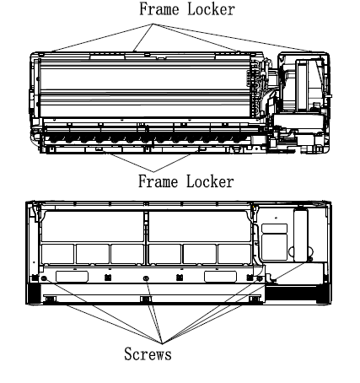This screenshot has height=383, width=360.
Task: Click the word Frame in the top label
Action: point(159,9)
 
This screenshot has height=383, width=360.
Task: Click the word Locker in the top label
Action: point(211,9)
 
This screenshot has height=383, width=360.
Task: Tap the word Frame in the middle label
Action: point(158,181)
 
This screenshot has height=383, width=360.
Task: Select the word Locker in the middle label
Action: point(210,181)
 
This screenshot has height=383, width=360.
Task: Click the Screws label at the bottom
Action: point(148,353)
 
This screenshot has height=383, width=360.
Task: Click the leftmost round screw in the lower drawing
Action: point(44,278)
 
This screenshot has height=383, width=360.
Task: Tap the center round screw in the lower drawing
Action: point(146,278)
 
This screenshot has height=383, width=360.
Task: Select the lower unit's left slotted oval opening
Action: point(72,277)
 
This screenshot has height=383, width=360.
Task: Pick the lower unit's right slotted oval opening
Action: point(220,277)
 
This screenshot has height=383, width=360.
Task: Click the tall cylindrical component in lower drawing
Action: point(301,235)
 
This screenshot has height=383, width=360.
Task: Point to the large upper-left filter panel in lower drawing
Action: point(92,226)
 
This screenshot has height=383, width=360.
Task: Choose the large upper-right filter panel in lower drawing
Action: point(200,226)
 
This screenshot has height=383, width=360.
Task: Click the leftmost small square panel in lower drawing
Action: point(57,254)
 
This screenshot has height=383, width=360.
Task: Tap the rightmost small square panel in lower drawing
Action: point(234,254)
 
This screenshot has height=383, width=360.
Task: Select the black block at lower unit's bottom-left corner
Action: point(35,294)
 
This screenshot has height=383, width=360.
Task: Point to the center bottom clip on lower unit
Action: point(146,299)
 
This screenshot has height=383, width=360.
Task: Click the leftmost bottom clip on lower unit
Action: point(50,299)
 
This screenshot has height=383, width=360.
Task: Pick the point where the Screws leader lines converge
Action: point(162,343)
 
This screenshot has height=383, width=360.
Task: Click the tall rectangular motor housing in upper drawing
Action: point(302,85)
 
